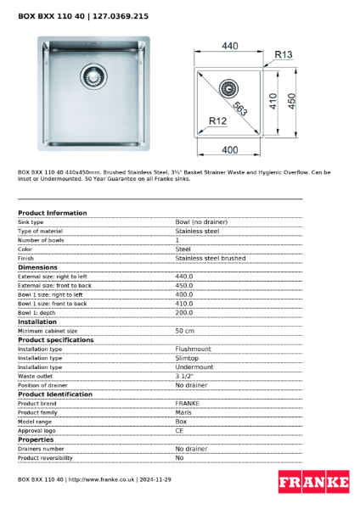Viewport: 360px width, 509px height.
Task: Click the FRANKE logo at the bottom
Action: pos(313,483)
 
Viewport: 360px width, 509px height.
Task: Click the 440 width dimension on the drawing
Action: pos(229,44)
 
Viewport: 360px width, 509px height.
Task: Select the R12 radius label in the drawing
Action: pos(217,121)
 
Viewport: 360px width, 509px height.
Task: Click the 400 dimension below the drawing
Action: pos(229,150)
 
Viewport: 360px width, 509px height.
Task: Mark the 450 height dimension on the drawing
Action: pos(290,101)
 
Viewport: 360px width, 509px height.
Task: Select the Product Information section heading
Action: pos(52,213)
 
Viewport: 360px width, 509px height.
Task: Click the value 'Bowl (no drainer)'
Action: pos(201,222)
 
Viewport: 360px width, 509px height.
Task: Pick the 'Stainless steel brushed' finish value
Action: pos(210,258)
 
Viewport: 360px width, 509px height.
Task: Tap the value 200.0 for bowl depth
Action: pos(184,312)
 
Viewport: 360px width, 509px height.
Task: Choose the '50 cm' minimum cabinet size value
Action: pos(185,331)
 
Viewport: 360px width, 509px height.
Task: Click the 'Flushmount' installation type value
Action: pos(194,349)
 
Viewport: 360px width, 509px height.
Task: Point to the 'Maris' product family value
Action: pos(183,411)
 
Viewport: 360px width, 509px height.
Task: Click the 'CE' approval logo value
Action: pos(180,430)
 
